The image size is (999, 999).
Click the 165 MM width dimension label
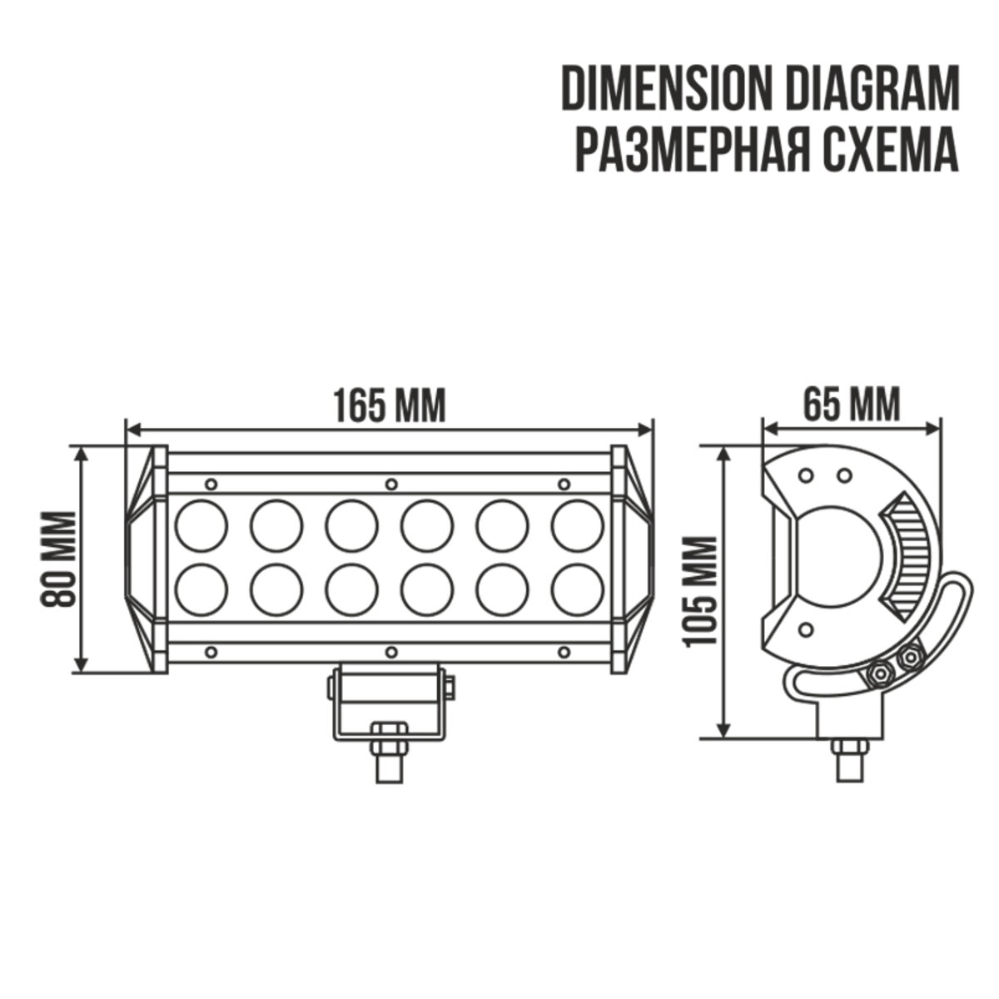pos(389,405)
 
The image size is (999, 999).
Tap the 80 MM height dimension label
pos(59,559)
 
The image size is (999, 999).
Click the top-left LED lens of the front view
pos(202,526)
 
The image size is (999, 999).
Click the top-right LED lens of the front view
pos(578,526)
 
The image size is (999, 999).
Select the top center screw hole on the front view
pos(390,484)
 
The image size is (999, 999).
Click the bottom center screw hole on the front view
pos(390,651)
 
